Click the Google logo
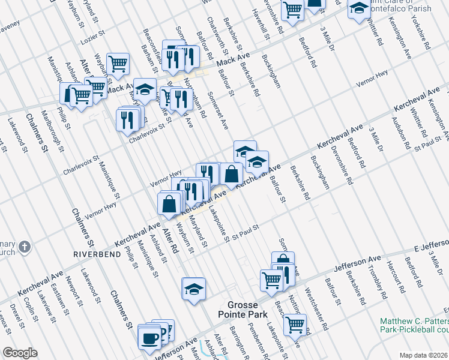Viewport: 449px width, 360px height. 20,353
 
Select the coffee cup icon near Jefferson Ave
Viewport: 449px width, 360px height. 149,337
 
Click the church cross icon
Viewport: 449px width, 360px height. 24,247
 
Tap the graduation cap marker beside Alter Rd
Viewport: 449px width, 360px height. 194,289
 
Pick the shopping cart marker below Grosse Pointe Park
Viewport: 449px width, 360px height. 295,324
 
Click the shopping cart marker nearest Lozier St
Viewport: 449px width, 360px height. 118,62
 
